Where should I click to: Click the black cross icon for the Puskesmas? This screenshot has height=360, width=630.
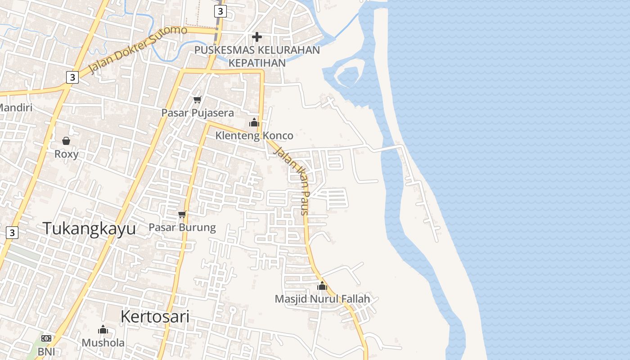click(257, 36)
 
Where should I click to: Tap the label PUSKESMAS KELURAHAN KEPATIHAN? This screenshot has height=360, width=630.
click(257, 56)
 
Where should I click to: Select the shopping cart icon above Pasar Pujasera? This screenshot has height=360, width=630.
click(197, 99)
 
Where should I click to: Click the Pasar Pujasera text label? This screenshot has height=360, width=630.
click(198, 113)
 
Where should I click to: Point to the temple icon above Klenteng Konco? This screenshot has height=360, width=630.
click(254, 122)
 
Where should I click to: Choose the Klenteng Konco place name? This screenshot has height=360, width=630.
click(254, 135)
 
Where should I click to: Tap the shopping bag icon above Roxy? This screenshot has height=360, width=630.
click(66, 141)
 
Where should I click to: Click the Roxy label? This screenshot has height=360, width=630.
click(67, 154)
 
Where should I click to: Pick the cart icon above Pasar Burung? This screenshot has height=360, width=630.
click(182, 214)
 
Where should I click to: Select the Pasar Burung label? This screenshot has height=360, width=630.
click(182, 227)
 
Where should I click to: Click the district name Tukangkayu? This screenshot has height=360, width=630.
click(89, 229)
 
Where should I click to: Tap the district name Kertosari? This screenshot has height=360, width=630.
click(155, 317)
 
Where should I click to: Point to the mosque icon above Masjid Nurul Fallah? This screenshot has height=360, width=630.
click(322, 286)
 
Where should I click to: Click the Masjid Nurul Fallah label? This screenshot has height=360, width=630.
click(322, 299)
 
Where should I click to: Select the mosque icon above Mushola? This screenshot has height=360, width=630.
click(103, 330)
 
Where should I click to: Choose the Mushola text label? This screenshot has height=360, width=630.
click(103, 343)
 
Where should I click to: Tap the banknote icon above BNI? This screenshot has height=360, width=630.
click(46, 338)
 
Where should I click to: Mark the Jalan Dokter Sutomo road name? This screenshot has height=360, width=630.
click(138, 49)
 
